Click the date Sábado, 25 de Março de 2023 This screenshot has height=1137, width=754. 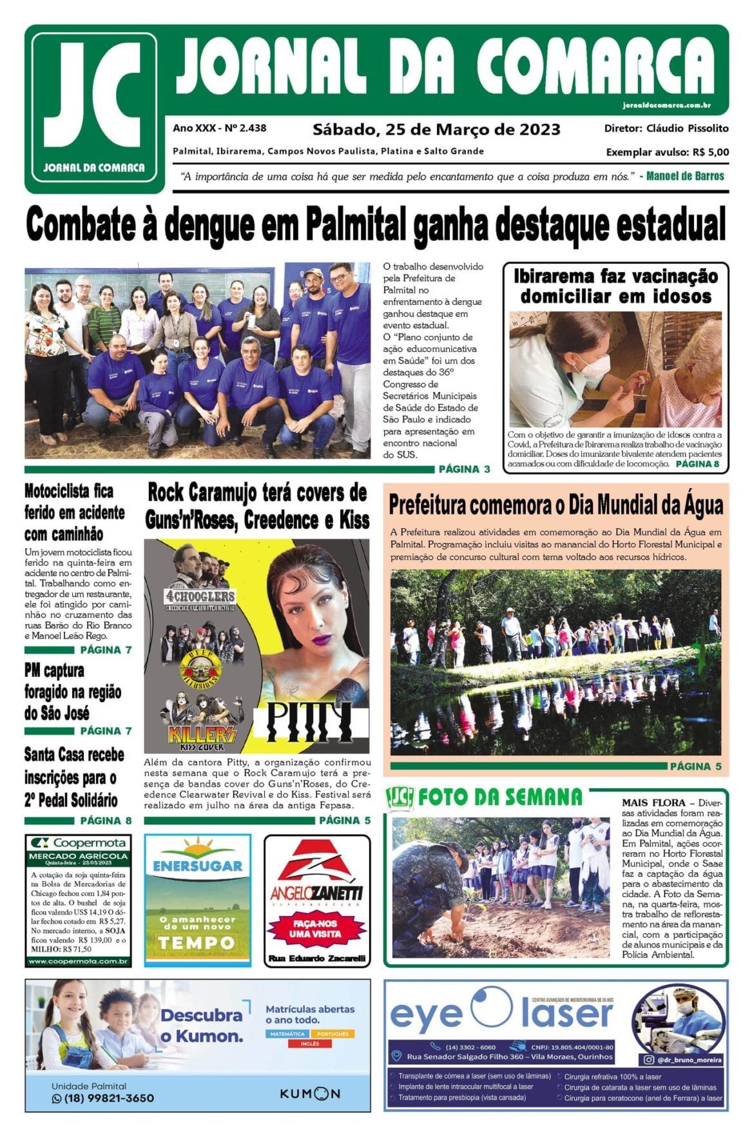[436, 130]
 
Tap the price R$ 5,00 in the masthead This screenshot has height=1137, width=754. [711, 153]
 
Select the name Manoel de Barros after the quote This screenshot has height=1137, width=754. [685, 176]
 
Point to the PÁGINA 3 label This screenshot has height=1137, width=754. [464, 469]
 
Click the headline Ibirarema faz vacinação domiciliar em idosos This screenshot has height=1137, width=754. [615, 286]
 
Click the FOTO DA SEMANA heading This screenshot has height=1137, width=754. [499, 797]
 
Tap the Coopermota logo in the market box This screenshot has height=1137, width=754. [79, 842]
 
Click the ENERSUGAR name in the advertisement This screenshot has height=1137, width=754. [197, 866]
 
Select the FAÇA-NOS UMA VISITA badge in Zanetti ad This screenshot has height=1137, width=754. [316, 928]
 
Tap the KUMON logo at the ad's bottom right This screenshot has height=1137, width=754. [309, 1094]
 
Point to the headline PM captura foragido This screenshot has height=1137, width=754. [72, 692]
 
